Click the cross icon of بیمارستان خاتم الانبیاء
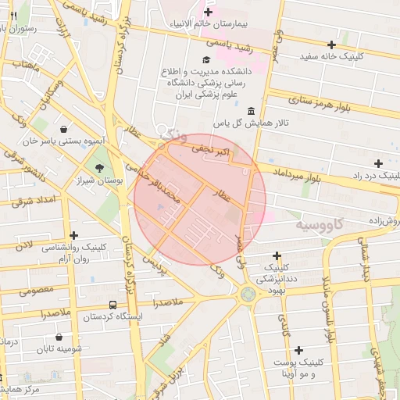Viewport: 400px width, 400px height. [x=208, y=12]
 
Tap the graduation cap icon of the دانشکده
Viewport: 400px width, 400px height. [x=205, y=60]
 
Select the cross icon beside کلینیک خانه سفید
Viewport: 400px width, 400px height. [x=332, y=45]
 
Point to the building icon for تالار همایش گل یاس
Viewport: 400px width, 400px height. [x=250, y=111]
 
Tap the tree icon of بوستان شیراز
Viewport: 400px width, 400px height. [x=98, y=168]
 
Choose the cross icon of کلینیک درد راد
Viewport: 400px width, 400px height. [x=378, y=163]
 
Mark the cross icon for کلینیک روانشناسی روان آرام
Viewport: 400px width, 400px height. [x=74, y=234]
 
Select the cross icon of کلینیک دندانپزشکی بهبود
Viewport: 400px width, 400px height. [x=277, y=255]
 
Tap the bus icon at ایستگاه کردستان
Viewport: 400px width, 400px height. [x=113, y=305]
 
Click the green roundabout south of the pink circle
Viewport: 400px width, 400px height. [x=248, y=295]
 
